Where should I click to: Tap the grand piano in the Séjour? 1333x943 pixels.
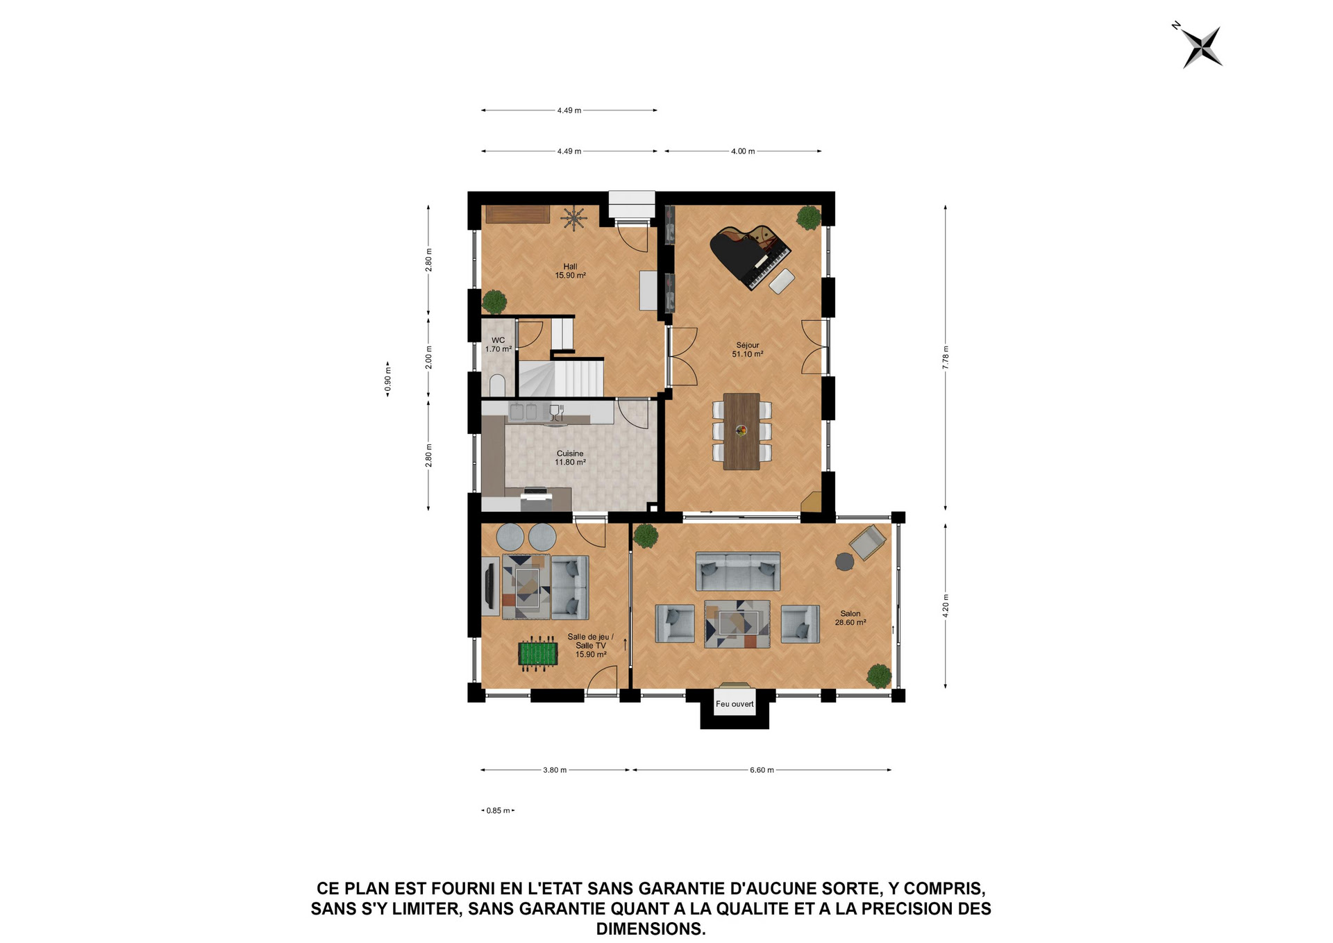coord(749,256)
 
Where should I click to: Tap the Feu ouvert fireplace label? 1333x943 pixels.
coord(735,704)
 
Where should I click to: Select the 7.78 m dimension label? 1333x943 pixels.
coord(946,358)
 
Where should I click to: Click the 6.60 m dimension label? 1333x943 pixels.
coord(762,770)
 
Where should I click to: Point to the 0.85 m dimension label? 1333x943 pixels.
coord(498,810)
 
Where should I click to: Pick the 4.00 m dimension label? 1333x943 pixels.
coord(743,151)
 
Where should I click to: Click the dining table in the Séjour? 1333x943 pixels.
coord(741,431)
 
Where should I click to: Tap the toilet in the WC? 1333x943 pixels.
coord(497,385)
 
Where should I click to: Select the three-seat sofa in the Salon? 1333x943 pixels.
coord(738,571)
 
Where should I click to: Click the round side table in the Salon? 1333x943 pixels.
coord(844,562)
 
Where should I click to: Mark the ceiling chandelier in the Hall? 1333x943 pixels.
coord(574,218)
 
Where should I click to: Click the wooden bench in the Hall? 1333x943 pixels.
coord(517,214)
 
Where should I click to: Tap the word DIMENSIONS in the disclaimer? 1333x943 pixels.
coord(651,928)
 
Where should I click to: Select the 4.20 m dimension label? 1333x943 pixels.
coord(946,606)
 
